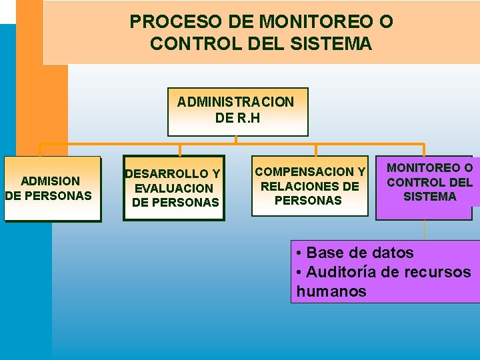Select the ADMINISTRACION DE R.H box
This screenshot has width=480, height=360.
tap(237, 111)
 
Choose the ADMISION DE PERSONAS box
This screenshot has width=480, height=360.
tap(52, 188)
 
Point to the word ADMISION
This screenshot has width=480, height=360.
tap(50, 181)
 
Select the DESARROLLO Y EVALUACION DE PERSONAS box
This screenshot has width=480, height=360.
tap(174, 188)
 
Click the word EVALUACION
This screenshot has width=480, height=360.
tap(174, 189)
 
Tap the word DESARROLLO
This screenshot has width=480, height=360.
tap(167, 175)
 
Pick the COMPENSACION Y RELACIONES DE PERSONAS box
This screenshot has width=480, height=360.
tap(309, 186)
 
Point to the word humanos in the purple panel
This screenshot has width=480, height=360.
tap(331, 291)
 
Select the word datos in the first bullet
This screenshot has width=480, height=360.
tap(393, 253)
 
